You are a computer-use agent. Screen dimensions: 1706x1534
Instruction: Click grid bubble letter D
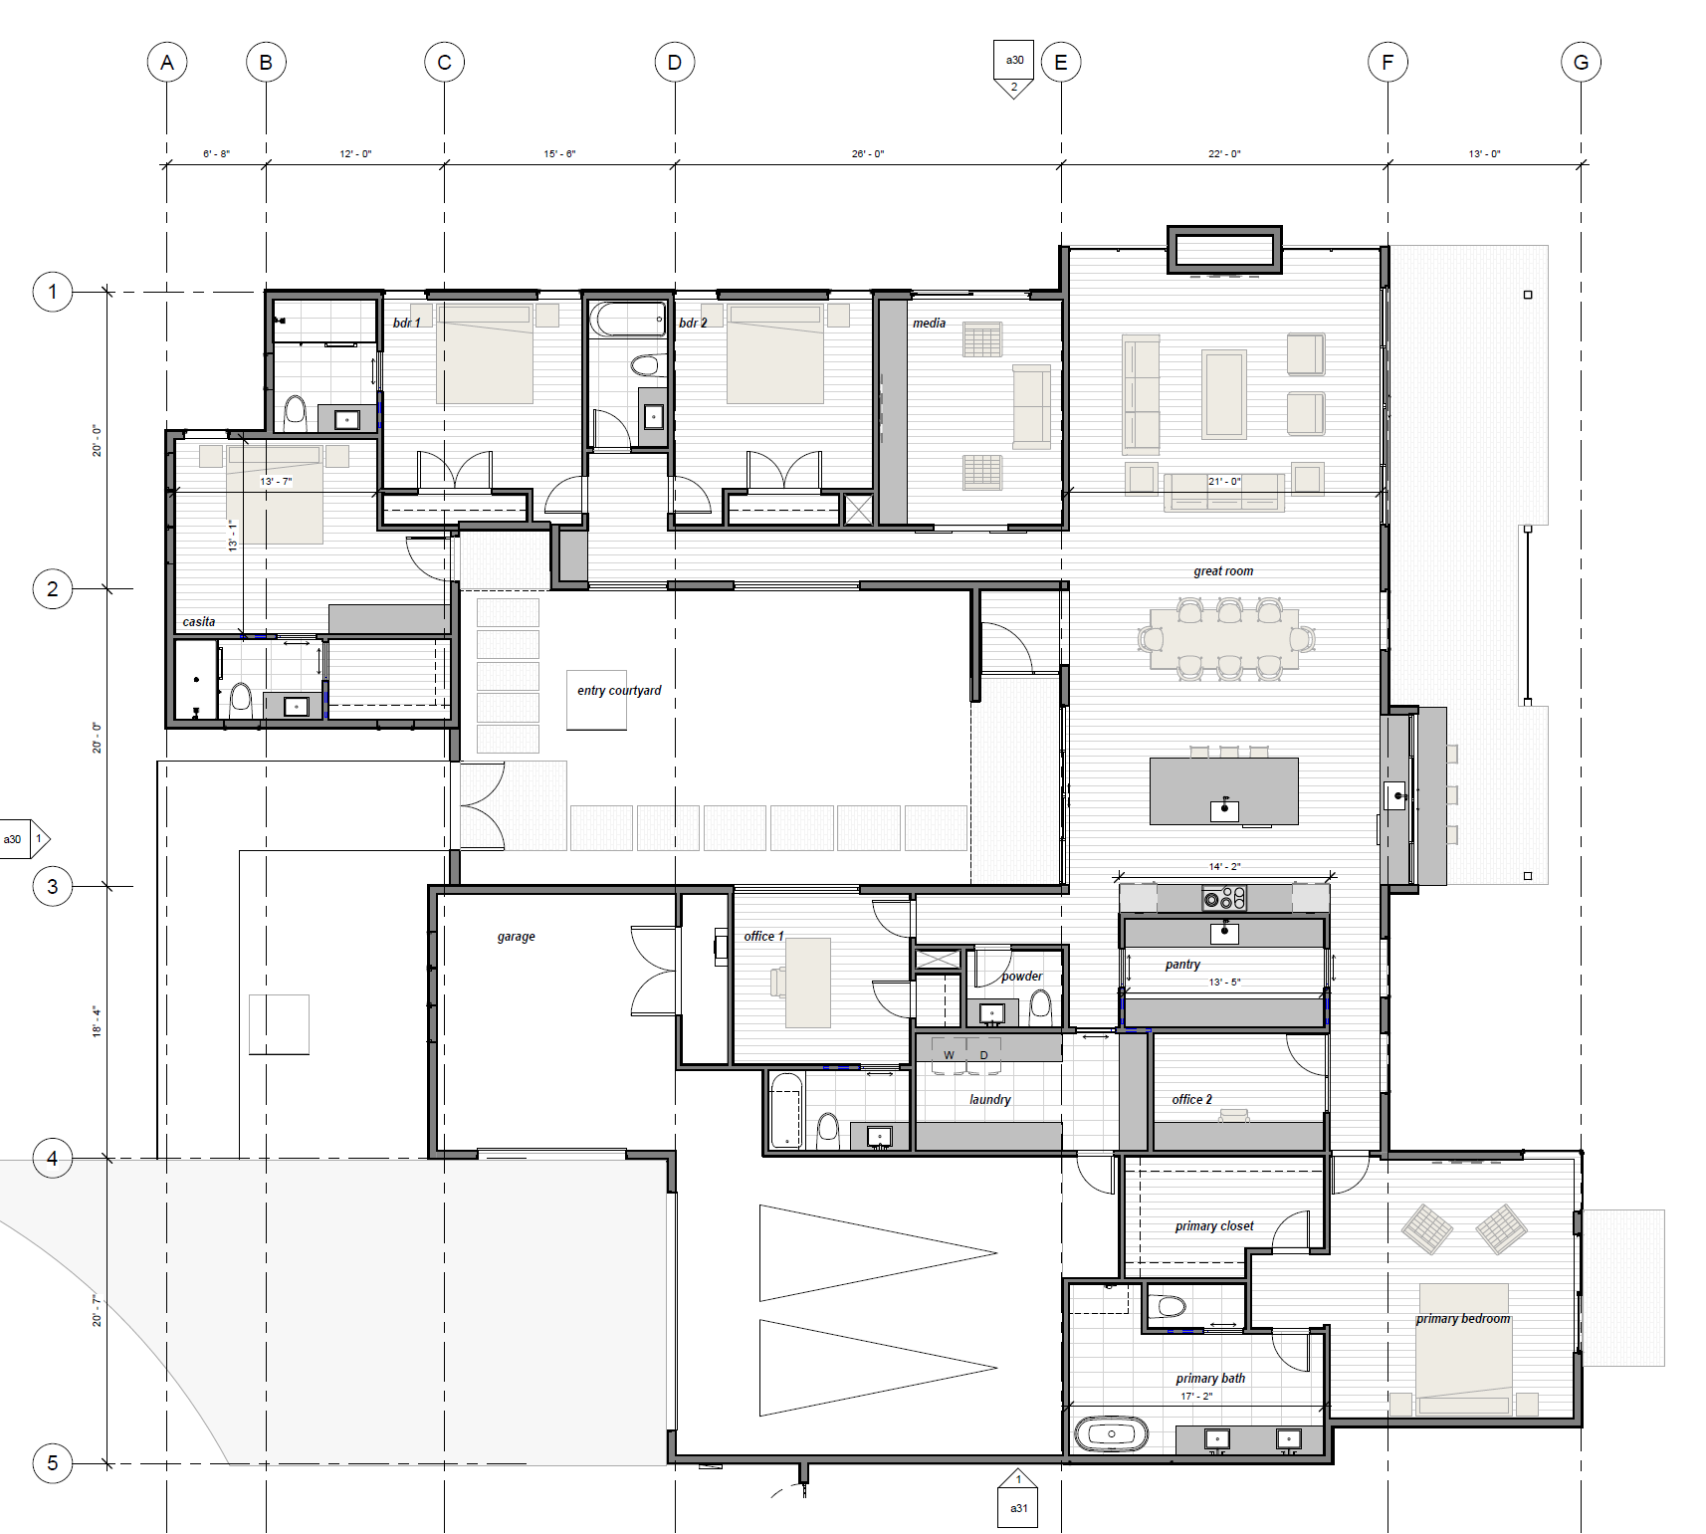pyautogui.click(x=675, y=63)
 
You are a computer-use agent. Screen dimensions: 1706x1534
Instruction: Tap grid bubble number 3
pyautogui.click(x=53, y=886)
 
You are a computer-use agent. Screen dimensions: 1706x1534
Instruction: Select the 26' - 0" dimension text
pyautogui.click(x=867, y=154)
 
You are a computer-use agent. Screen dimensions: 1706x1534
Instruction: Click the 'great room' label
pyautogui.click(x=1223, y=571)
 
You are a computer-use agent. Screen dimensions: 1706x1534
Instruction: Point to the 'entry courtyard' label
pyautogui.click(x=619, y=691)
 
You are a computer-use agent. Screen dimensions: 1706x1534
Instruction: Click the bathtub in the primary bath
pyautogui.click(x=1111, y=1434)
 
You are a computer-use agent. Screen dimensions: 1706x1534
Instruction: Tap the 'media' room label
pyautogui.click(x=929, y=324)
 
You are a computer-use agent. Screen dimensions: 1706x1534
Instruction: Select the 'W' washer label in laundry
pyautogui.click(x=949, y=1055)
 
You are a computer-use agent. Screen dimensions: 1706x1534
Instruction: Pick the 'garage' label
pyautogui.click(x=516, y=937)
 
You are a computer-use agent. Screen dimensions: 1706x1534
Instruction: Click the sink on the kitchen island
pyautogui.click(x=1224, y=809)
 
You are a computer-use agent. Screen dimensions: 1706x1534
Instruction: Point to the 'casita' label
pyautogui.click(x=199, y=622)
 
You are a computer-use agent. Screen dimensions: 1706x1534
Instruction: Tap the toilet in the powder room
pyautogui.click(x=1040, y=1007)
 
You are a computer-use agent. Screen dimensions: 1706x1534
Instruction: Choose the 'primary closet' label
pyautogui.click(x=1214, y=1226)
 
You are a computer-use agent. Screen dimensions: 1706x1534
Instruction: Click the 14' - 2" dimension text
pyautogui.click(x=1224, y=867)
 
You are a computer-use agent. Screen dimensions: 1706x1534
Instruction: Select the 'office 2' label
pyautogui.click(x=1191, y=1100)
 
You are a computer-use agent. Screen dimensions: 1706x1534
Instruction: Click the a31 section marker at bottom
pyautogui.click(x=1018, y=1498)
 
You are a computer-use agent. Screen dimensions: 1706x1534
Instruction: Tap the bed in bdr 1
pyautogui.click(x=485, y=354)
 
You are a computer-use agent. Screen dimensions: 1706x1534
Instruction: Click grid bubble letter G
pyautogui.click(x=1581, y=63)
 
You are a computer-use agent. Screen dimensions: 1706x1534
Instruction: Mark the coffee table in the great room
pyautogui.click(x=1224, y=394)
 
